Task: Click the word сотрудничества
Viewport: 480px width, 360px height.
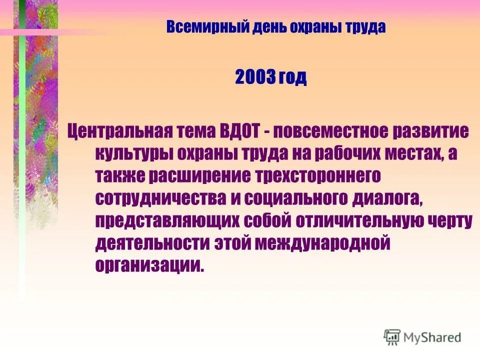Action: click(x=159, y=198)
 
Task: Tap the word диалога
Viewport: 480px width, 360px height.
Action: click(x=387, y=198)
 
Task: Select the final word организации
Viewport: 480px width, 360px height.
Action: click(x=149, y=265)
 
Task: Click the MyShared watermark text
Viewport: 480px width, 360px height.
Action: click(x=433, y=337)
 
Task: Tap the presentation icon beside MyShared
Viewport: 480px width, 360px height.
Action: click(x=392, y=337)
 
